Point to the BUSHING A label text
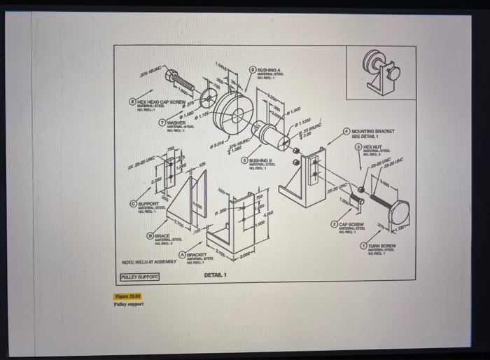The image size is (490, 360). [269, 71]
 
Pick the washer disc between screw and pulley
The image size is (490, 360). [208, 97]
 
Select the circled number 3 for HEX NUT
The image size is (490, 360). [358, 146]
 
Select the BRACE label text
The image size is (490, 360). [162, 237]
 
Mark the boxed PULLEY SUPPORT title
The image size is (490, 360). [139, 277]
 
